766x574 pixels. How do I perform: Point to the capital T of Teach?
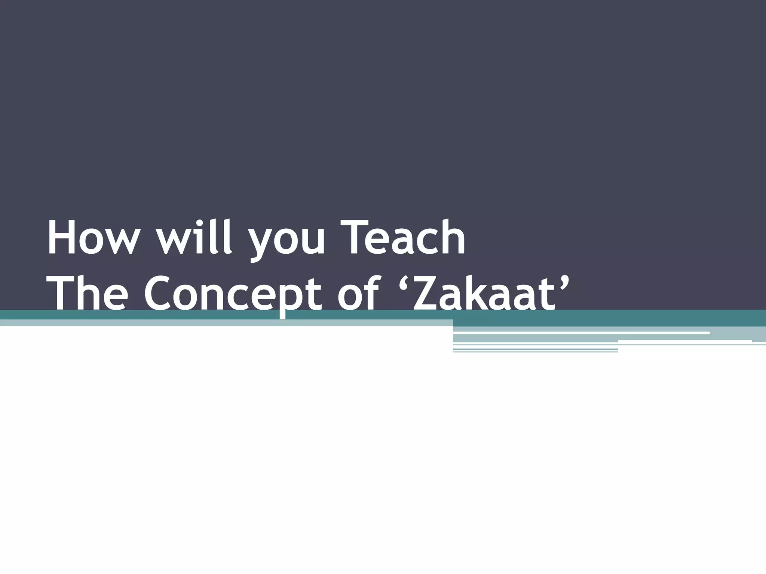360,238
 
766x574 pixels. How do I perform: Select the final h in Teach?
453,238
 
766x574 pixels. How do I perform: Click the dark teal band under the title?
598,318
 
